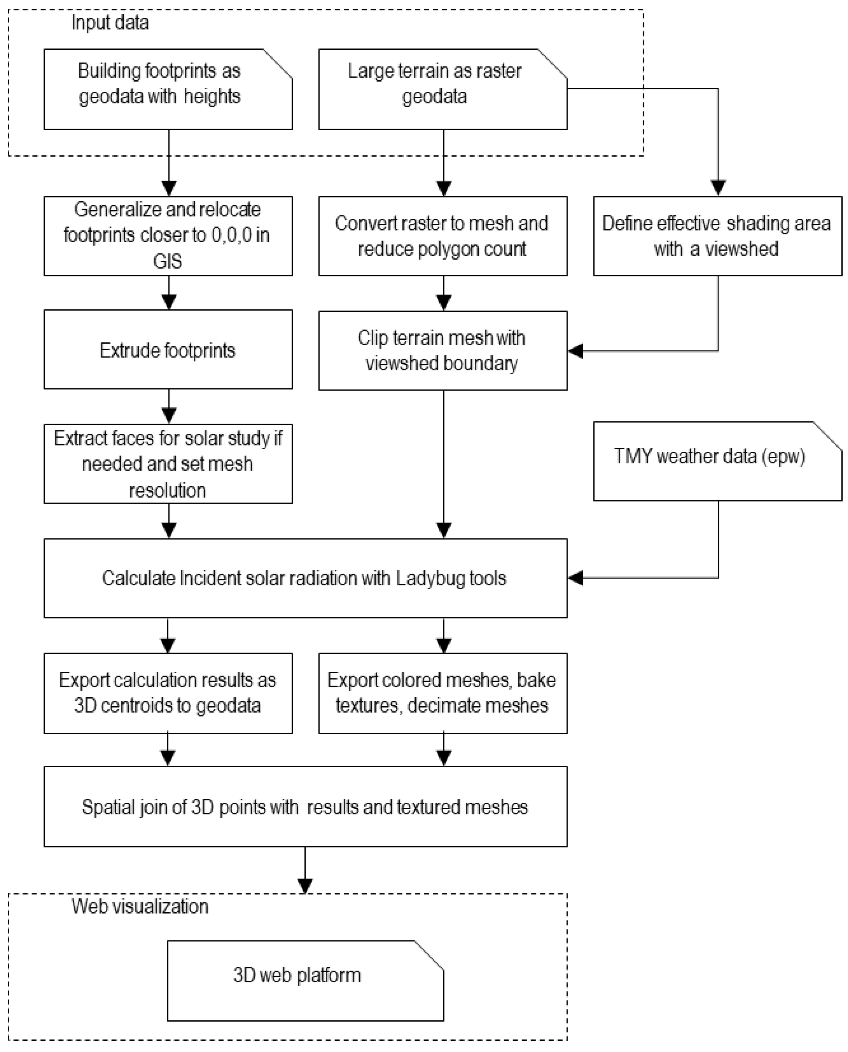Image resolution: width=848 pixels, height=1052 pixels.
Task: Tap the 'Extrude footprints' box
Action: pos(168,350)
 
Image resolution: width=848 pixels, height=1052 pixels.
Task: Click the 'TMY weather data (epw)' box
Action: pos(717,461)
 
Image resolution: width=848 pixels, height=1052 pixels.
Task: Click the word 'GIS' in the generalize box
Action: pos(167,261)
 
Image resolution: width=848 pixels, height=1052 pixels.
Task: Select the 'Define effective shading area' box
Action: pos(717,236)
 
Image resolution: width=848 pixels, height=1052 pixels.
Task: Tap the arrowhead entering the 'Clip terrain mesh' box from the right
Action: pos(575,351)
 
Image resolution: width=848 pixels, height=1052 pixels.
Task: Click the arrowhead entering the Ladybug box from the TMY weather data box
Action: pos(575,578)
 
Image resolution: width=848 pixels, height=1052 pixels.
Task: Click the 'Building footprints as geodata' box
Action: pos(168,89)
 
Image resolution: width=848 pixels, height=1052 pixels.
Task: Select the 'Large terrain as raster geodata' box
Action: pos(442,89)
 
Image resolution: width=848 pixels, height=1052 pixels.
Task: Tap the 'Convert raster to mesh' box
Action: pos(442,236)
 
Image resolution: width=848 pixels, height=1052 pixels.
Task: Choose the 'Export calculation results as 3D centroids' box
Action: pos(168,693)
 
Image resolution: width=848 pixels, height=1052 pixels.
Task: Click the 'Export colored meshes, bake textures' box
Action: pos(442,693)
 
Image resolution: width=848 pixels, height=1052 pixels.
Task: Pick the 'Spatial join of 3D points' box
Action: pos(305,807)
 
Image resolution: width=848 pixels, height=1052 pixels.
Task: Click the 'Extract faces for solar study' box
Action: pos(168,463)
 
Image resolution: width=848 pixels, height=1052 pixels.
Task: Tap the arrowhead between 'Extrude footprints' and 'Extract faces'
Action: pos(168,415)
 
